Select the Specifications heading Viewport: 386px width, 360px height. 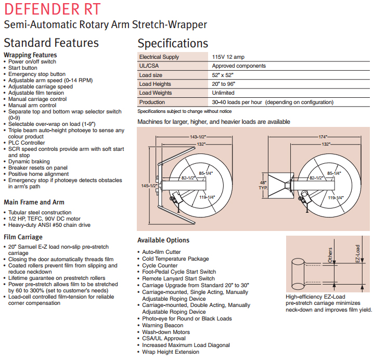[172, 43]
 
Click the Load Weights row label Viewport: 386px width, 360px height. [156, 93]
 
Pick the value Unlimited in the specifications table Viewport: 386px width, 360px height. [223, 93]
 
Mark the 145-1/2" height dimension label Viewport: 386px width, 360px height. [149, 186]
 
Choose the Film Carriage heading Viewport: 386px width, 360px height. [23, 237]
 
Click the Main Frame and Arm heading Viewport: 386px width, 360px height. [34, 202]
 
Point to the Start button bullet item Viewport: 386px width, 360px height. [22, 68]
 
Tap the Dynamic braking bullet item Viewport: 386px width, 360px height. [29, 161]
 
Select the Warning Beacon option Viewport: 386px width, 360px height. [163, 325]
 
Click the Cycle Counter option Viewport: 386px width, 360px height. [160, 265]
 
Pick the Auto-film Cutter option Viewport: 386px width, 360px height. [161, 252]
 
